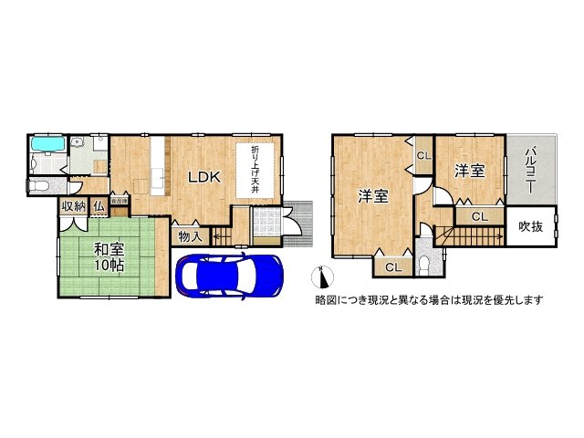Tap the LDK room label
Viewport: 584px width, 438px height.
click(x=203, y=178)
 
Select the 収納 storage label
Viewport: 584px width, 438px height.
click(x=74, y=206)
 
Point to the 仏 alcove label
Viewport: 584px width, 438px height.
click(x=97, y=206)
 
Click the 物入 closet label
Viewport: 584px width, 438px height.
click(x=190, y=235)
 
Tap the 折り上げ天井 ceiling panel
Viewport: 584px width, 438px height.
click(x=255, y=169)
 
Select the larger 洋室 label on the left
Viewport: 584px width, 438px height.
click(x=371, y=195)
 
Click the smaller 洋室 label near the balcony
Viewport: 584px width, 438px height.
click(x=469, y=170)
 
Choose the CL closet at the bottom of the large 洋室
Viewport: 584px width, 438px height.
click(x=391, y=267)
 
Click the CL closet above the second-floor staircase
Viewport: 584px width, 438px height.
click(x=478, y=216)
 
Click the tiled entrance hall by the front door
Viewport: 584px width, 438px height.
click(x=266, y=224)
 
